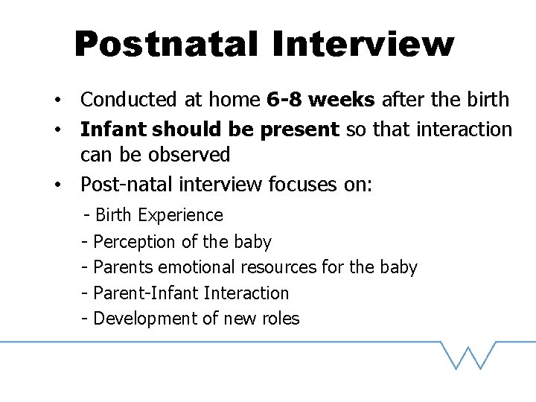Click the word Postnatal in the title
(166, 44)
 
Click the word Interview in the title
(363, 44)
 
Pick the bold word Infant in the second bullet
(113, 129)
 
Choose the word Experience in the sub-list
(180, 215)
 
